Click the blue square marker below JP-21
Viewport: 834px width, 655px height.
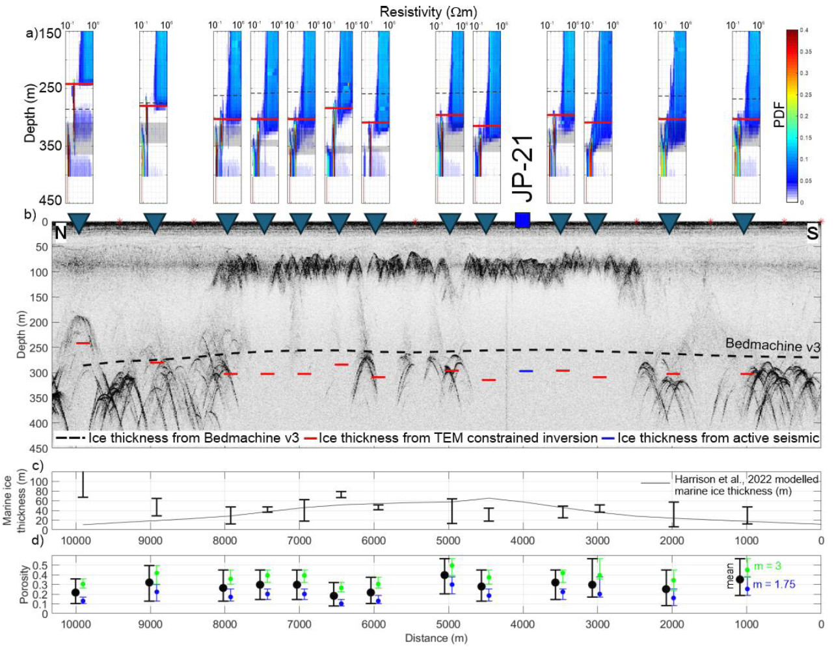pyautogui.click(x=522, y=220)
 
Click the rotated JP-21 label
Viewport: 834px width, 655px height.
pyautogui.click(x=523, y=170)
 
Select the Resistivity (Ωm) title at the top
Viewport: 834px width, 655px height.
pyautogui.click(x=428, y=12)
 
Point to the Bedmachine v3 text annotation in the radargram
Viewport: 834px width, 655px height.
pyautogui.click(x=772, y=345)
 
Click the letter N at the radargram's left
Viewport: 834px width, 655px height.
pyautogui.click(x=60, y=233)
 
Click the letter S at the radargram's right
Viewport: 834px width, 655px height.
pyautogui.click(x=813, y=233)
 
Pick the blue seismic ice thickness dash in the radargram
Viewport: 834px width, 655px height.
pyautogui.click(x=526, y=371)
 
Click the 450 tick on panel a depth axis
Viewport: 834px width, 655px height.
pyautogui.click(x=50, y=200)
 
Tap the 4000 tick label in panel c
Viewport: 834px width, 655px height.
pyautogui.click(x=522, y=541)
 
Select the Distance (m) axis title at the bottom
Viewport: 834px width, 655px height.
pyautogui.click(x=436, y=638)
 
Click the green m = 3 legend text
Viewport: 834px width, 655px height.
pyautogui.click(x=768, y=567)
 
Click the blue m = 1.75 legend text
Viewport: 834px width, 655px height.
pyautogui.click(x=774, y=584)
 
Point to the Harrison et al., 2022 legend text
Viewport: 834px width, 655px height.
pyautogui.click(x=746, y=479)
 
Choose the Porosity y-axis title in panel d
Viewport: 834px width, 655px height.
pyautogui.click(x=25, y=584)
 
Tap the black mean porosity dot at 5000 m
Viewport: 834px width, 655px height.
pyautogui.click(x=444, y=575)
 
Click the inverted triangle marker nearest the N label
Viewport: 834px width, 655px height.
pyautogui.click(x=79, y=223)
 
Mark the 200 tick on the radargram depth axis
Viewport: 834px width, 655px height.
pyautogui.click(x=40, y=323)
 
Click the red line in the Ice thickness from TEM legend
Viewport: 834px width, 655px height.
pyautogui.click(x=309, y=438)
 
